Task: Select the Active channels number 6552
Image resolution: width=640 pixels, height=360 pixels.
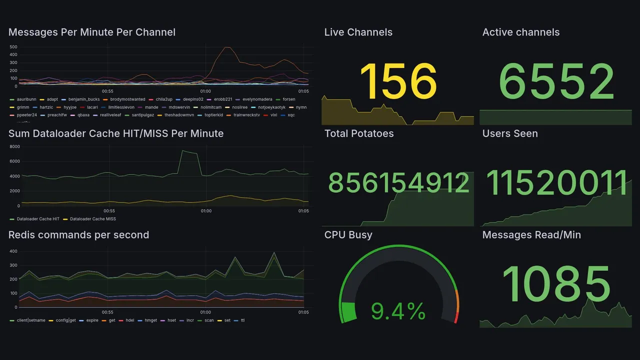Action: click(x=557, y=81)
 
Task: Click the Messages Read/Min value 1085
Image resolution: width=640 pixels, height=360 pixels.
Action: click(x=556, y=284)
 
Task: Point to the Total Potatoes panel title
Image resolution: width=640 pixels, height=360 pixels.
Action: click(x=358, y=133)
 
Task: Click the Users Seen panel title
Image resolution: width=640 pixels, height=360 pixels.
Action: click(x=509, y=133)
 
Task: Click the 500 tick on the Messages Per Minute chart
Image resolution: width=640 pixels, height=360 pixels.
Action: click(x=13, y=47)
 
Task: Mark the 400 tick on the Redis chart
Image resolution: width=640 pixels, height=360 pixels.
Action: click(x=13, y=251)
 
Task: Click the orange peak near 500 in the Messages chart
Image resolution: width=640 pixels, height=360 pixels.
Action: click(x=226, y=47)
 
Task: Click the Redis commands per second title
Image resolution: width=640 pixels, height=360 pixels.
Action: click(x=78, y=235)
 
